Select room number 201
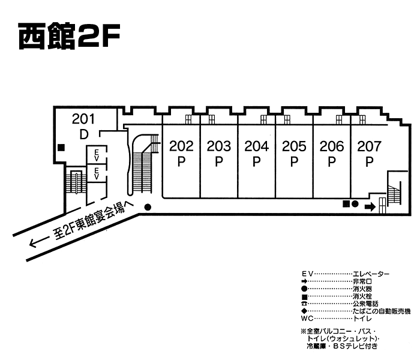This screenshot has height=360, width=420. pos(84,119)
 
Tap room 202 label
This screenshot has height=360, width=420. pos(181,145)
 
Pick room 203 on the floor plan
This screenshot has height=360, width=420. pos(219,145)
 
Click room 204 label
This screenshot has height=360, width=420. pos(256,145)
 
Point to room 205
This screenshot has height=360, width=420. pos(294,145)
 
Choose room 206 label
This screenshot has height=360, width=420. pos(332,145)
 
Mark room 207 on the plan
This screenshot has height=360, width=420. pos(370,145)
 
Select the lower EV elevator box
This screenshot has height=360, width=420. pos(96,173)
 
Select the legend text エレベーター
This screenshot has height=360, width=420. pos(371,274)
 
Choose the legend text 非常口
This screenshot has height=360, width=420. pos(362,281)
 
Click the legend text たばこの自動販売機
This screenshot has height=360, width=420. pos(382,311)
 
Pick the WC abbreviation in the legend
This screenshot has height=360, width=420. pos(307,319)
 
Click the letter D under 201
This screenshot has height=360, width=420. pos(84,134)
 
